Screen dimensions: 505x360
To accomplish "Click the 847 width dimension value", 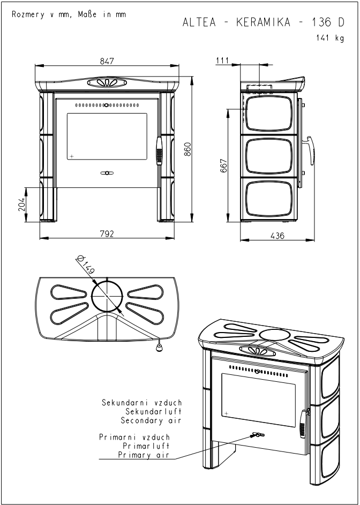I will (x=107, y=62).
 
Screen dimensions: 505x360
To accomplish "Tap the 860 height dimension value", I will (x=187, y=149).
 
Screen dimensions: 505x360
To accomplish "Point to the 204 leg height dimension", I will (x=22, y=204).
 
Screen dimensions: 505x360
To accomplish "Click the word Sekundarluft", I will (x=154, y=412).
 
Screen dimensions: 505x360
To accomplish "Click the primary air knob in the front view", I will (x=107, y=173).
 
